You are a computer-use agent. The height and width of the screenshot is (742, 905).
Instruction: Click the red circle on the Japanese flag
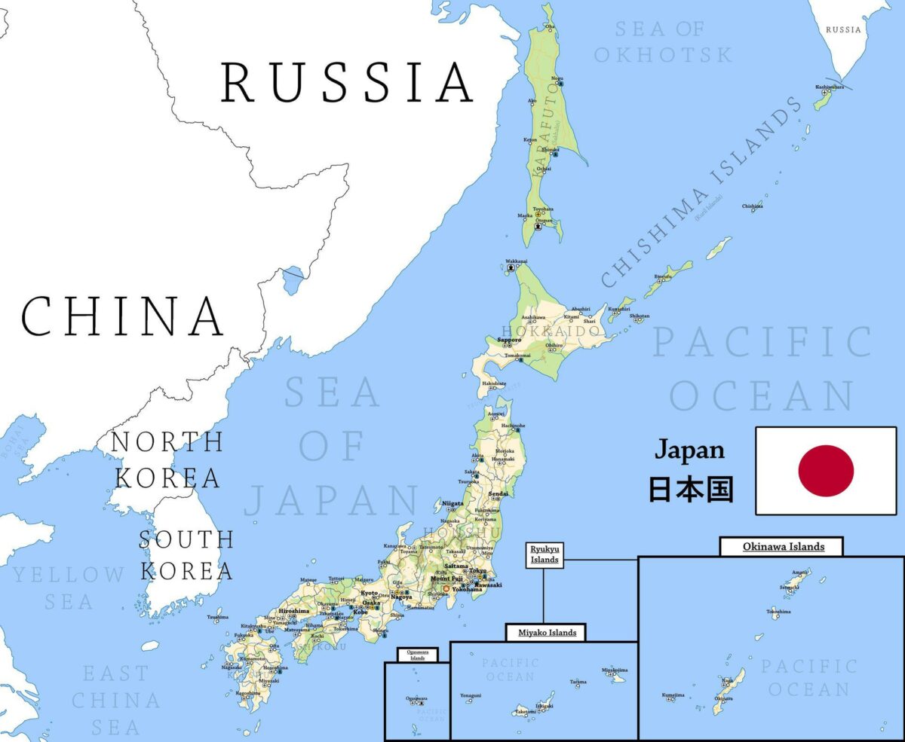826,471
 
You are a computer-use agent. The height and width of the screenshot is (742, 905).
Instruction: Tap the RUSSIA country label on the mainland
347,83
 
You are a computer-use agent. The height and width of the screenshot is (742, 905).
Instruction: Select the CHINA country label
123,316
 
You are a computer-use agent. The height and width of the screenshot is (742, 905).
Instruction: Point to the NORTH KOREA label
167,460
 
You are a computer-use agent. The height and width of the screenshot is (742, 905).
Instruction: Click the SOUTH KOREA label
186,554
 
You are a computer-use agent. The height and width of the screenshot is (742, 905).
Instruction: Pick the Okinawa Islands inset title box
782,546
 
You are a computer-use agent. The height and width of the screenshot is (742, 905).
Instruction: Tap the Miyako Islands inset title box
546,633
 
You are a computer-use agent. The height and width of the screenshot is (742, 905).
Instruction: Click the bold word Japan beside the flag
689,450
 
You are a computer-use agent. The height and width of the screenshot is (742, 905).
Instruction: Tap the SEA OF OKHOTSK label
662,42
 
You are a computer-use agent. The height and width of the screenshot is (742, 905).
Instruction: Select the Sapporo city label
509,340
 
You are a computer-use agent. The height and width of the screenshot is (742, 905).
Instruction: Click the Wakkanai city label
516,261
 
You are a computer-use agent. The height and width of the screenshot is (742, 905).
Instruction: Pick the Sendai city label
499,493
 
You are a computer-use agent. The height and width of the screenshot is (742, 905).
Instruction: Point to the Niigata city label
452,502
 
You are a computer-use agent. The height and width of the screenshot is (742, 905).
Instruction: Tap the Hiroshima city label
293,611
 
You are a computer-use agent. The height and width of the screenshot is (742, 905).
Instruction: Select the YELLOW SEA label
68,588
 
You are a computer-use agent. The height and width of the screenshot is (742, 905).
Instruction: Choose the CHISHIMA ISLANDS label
701,192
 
